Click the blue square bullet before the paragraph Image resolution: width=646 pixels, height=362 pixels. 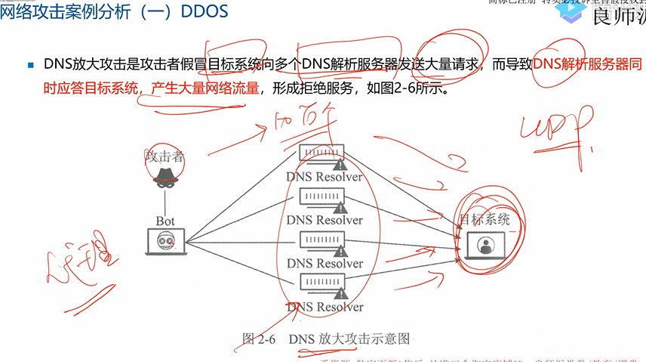31,65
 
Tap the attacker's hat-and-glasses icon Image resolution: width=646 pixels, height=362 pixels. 165,176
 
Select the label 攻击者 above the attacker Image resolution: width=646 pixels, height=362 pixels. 165,156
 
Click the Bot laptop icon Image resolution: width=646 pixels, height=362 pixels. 165,242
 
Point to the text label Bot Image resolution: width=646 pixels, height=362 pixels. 165,221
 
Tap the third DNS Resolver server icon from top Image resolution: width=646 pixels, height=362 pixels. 322,241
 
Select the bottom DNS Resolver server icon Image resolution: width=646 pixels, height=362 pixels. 322,284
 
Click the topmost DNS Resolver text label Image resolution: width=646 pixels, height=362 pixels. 325,177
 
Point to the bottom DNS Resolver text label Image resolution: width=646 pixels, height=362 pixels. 325,308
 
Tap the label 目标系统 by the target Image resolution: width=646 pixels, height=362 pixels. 485,220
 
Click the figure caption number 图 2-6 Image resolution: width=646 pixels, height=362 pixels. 258,339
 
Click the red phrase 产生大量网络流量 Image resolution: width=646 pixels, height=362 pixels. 205,87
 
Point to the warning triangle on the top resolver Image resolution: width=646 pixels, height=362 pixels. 340,163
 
